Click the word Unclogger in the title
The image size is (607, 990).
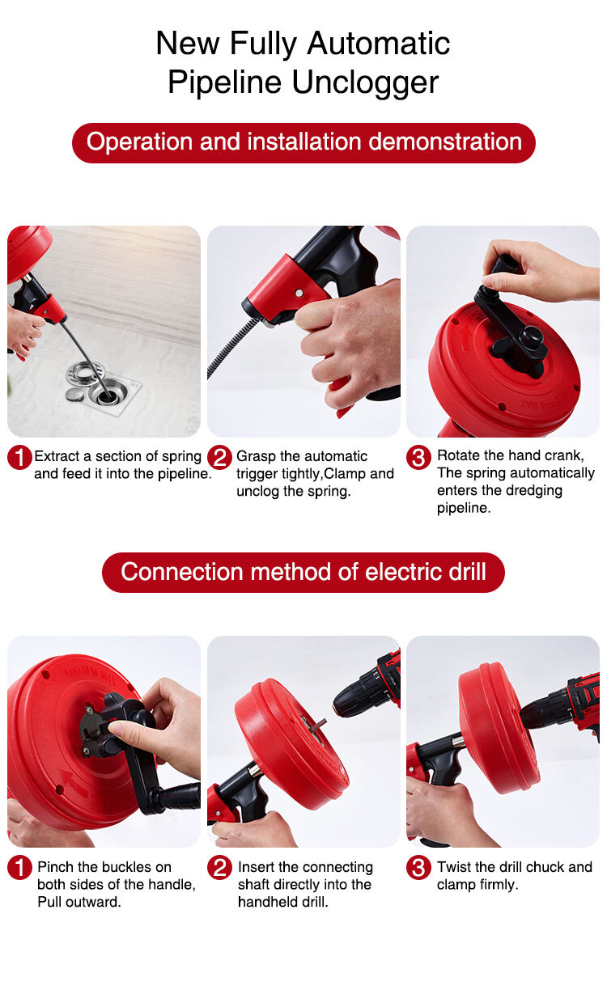coord(365,82)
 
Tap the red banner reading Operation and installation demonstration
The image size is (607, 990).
coord(303,142)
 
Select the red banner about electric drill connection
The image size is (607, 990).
coord(303,573)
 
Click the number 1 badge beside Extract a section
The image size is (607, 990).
coord(19,458)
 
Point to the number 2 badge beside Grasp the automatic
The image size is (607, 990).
coord(219,458)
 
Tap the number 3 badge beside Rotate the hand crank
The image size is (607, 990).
coord(418,458)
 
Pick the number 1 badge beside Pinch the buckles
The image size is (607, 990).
coord(19,867)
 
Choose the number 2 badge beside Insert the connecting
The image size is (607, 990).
coord(219,867)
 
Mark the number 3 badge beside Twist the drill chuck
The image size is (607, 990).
coord(418,867)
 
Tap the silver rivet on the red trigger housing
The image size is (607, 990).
coord(299,293)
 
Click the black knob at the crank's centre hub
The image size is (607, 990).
coord(533,340)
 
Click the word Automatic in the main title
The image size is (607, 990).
coord(379,44)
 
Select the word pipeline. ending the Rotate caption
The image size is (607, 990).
coord(464,508)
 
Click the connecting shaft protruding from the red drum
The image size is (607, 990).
coord(316,725)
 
